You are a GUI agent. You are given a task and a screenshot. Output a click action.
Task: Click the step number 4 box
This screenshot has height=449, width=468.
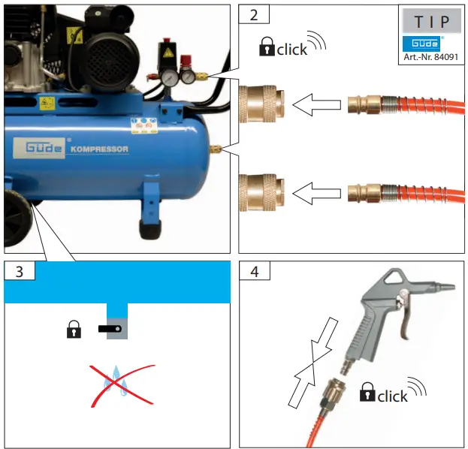coord(254,272)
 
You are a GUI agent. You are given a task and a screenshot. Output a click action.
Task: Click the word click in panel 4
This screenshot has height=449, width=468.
coord(392,396)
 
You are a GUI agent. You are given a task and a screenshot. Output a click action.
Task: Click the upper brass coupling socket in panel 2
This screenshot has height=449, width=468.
coord(261,105)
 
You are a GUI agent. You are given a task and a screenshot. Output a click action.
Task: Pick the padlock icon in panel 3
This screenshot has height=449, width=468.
coord(74,330)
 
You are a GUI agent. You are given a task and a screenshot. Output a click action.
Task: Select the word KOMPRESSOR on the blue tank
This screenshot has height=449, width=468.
coord(100,149)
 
